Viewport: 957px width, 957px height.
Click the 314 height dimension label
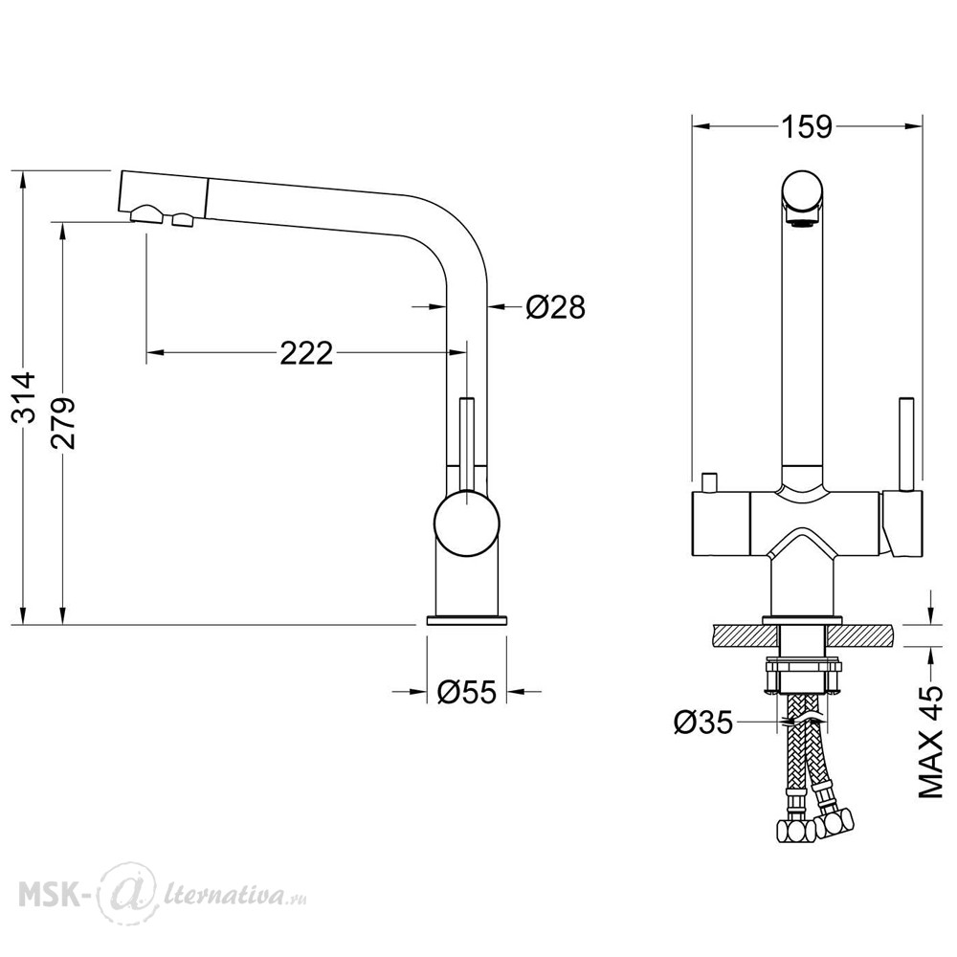tap(25, 397)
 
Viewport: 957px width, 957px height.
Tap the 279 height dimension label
tap(63, 423)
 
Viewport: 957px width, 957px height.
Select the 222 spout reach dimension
tap(306, 353)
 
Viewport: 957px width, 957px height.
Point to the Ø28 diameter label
tap(555, 307)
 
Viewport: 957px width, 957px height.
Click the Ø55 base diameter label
tap(467, 692)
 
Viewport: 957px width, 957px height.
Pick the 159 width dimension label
tap(806, 127)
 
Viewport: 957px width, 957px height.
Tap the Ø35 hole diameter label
tap(703, 723)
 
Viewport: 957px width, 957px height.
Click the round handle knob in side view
tap(466, 524)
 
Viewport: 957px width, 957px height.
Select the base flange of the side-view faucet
tap(466, 620)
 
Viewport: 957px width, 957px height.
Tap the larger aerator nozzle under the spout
tap(146, 214)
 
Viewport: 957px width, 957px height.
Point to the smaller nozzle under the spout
tap(183, 219)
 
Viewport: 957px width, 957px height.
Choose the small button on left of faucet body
tap(708, 481)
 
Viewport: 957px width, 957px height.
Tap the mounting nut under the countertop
tap(803, 675)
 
